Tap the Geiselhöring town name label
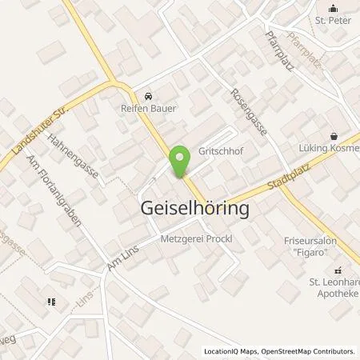[x=189, y=208]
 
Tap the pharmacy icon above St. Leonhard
[x=337, y=270]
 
